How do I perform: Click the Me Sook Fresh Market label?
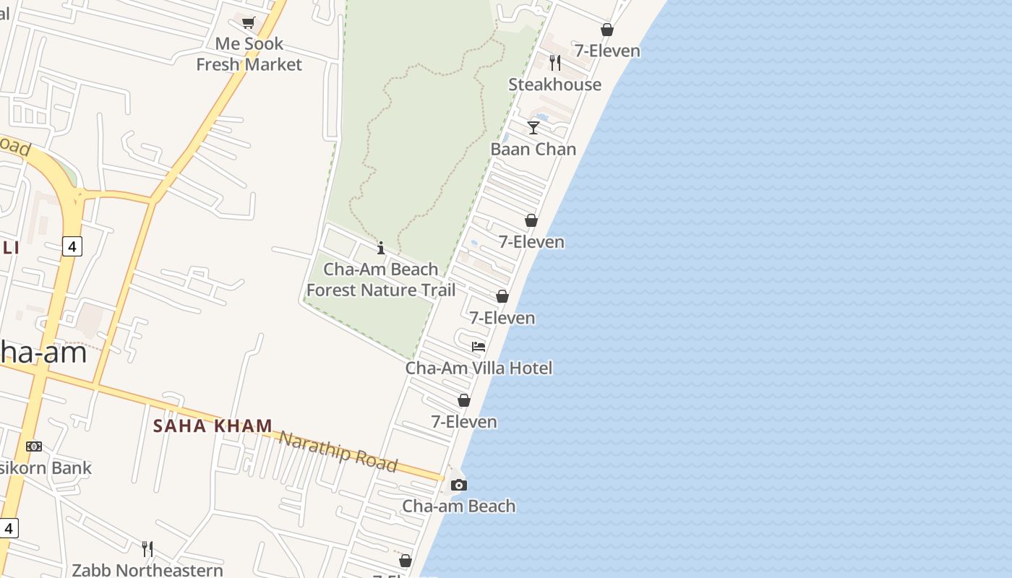pyautogui.click(x=249, y=54)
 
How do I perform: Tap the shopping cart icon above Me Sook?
pyautogui.click(x=249, y=22)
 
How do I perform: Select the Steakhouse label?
pyautogui.click(x=554, y=85)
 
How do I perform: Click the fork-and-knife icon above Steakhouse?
pyautogui.click(x=554, y=63)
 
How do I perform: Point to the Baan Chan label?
pyautogui.click(x=533, y=149)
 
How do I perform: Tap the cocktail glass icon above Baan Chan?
pyautogui.click(x=533, y=128)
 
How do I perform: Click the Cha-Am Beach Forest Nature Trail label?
pyautogui.click(x=381, y=280)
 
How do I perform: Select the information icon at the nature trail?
pyautogui.click(x=381, y=249)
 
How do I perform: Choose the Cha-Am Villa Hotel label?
pyautogui.click(x=479, y=368)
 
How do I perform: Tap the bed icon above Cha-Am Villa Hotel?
pyautogui.click(x=479, y=347)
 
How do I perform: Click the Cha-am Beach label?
pyautogui.click(x=459, y=506)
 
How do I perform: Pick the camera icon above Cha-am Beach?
pyautogui.click(x=459, y=485)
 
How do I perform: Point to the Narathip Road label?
pyautogui.click(x=338, y=452)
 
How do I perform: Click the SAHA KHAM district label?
pyautogui.click(x=213, y=426)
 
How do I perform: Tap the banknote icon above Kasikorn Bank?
pyautogui.click(x=34, y=447)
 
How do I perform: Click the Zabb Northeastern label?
pyautogui.click(x=147, y=570)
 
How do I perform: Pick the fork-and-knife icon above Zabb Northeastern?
pyautogui.click(x=147, y=549)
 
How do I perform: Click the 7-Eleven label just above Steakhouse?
pyautogui.click(x=607, y=51)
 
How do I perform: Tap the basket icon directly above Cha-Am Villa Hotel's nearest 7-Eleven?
pyautogui.click(x=502, y=296)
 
